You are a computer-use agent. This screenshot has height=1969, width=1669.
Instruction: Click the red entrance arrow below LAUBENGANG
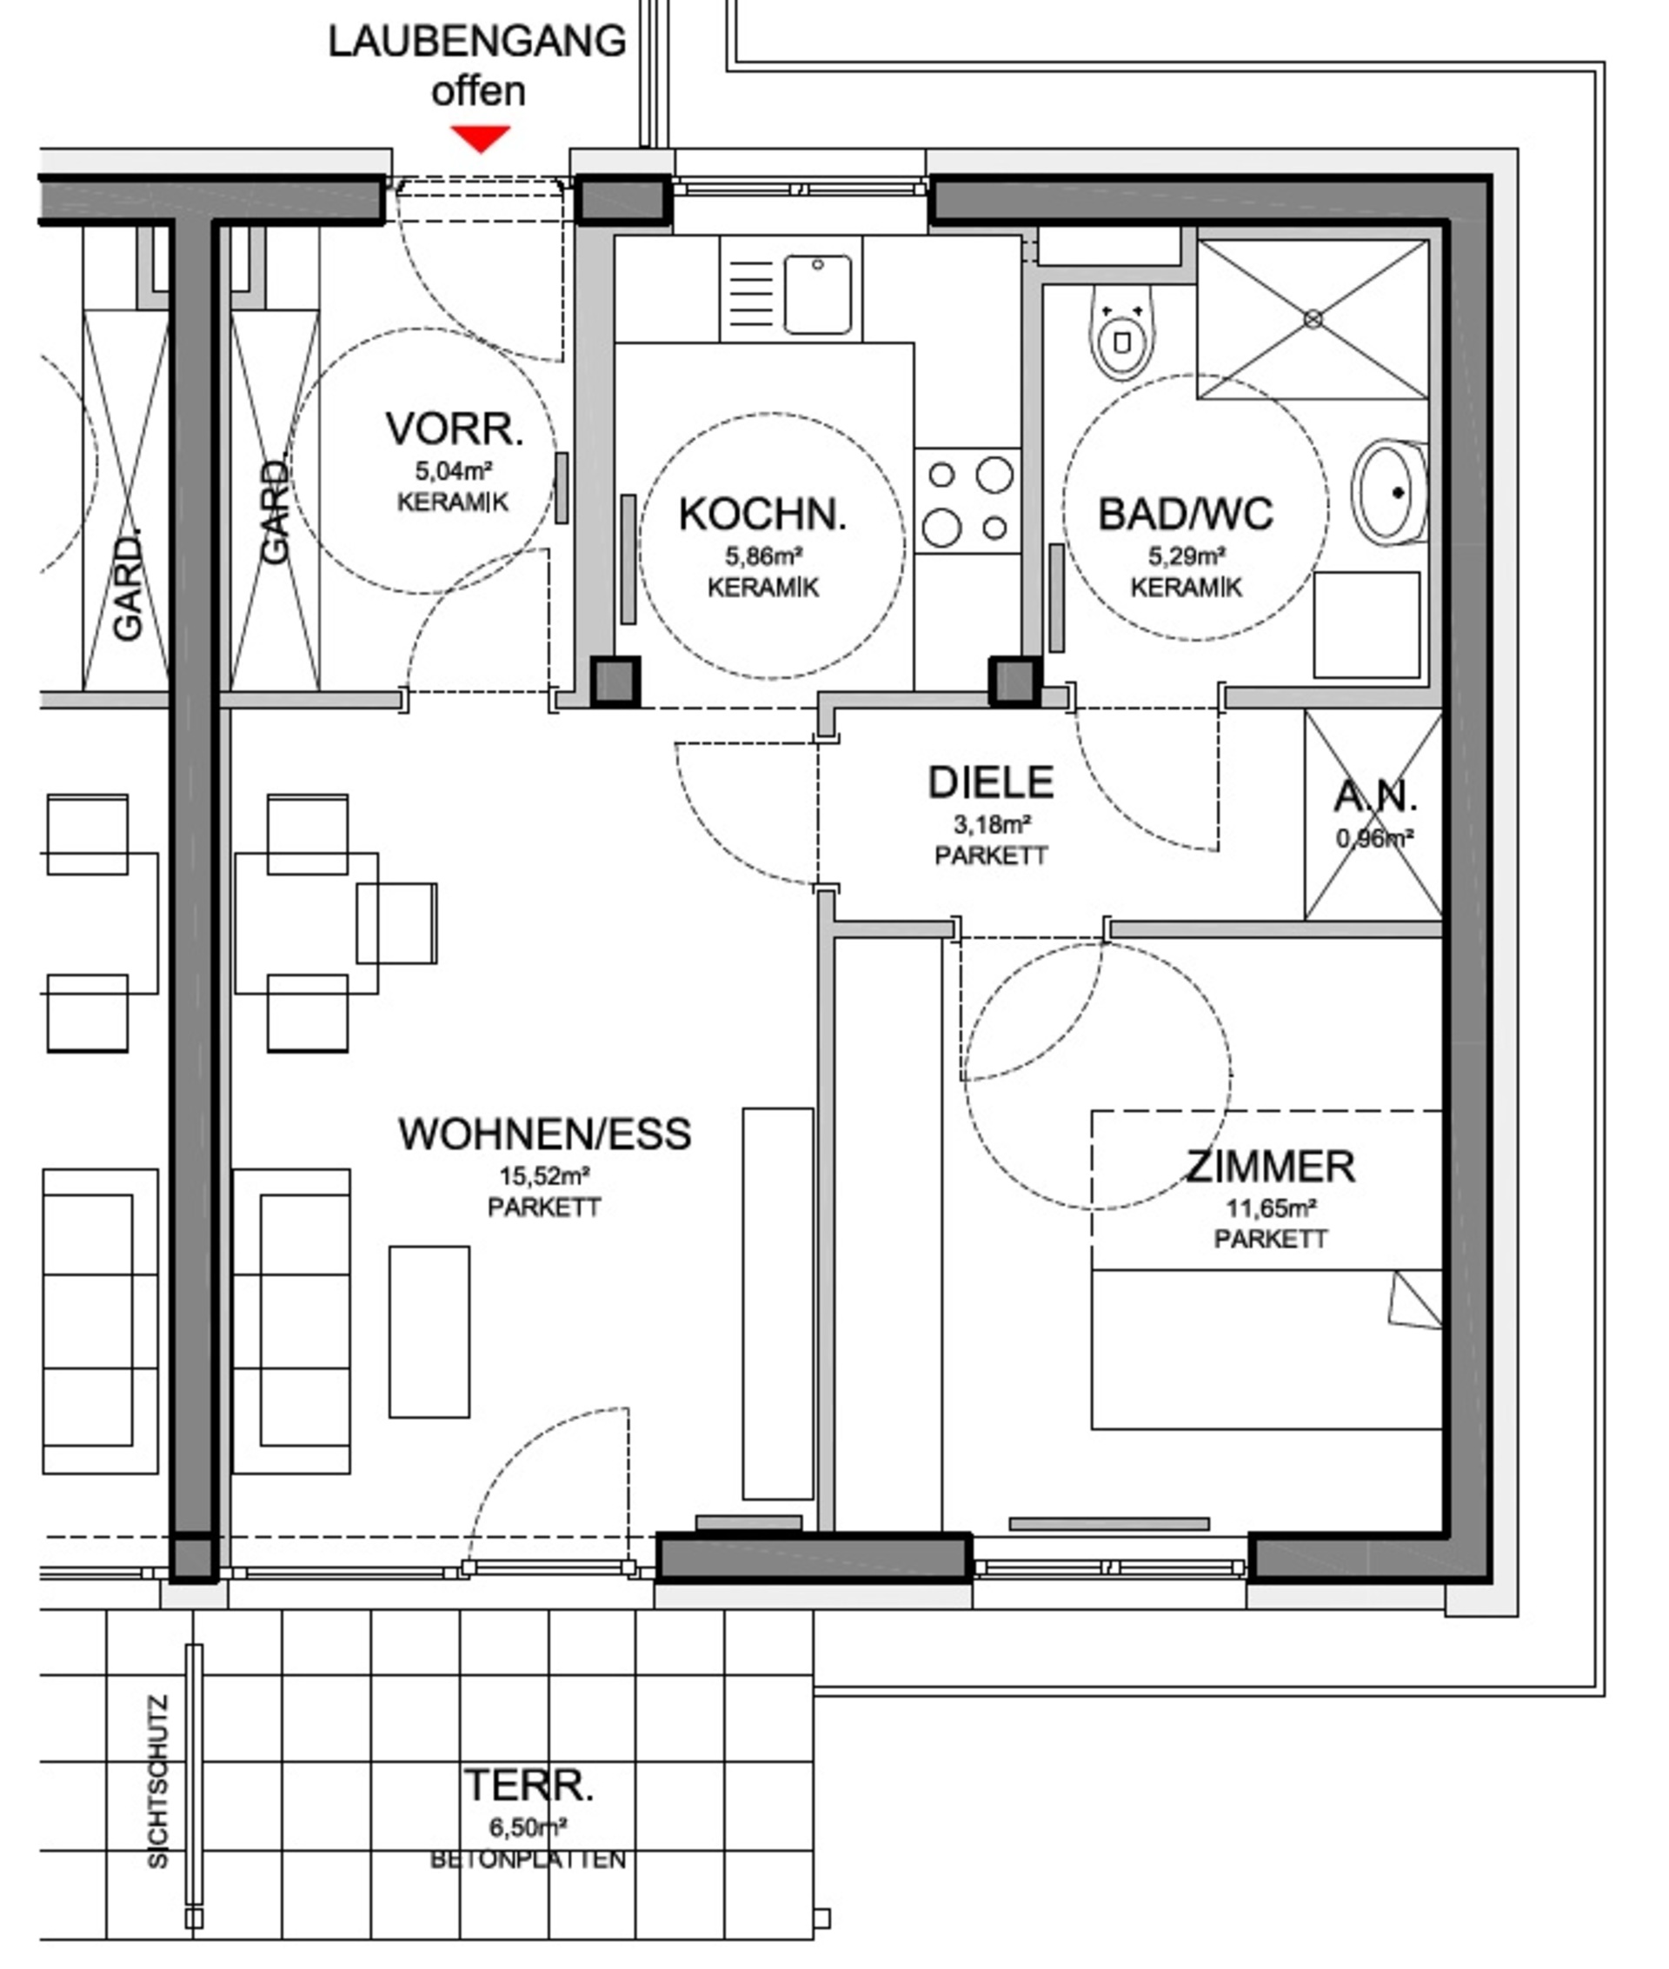tap(481, 137)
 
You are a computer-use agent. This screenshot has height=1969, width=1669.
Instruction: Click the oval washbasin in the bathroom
tap(1391, 492)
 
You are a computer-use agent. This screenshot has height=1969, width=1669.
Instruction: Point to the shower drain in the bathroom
tap(1313, 320)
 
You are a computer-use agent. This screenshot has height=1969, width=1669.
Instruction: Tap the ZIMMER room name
tap(1271, 1166)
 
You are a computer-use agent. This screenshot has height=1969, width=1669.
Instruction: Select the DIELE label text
tap(991, 782)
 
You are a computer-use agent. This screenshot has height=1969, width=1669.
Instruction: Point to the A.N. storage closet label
tap(1376, 795)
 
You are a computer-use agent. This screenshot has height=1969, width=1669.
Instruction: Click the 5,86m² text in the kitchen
tap(764, 555)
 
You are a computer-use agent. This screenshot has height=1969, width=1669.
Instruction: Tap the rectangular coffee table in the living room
tap(429, 1331)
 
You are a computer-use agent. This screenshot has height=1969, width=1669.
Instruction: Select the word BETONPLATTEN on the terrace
tap(528, 1859)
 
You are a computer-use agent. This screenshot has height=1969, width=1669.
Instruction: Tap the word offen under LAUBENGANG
tap(479, 92)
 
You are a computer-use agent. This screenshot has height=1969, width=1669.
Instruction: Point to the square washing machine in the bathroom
tap(1367, 624)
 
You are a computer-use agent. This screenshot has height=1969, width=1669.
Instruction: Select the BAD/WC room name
tap(1186, 514)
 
